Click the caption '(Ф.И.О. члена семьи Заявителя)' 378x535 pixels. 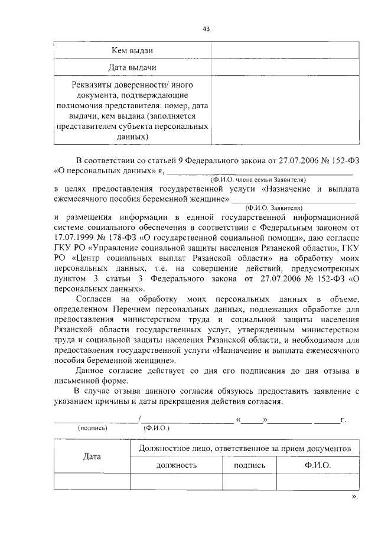point(257,179)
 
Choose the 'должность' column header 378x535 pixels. point(176,465)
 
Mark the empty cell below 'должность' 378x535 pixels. point(176,482)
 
